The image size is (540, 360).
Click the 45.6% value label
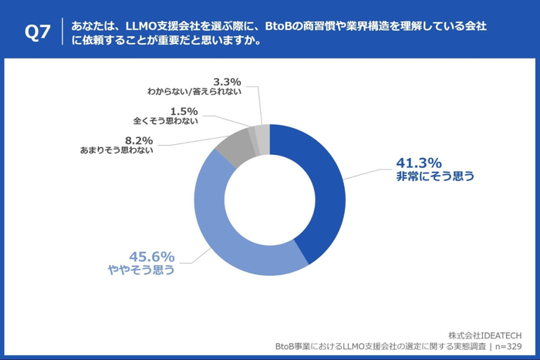pyautogui.click(x=152, y=257)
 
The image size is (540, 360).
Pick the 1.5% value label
pyautogui.click(x=183, y=110)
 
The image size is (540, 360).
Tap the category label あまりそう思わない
pyautogui.click(x=116, y=150)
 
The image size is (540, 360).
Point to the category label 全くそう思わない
pyautogui.click(x=166, y=121)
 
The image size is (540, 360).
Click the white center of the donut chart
pyautogui.click(x=269, y=200)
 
